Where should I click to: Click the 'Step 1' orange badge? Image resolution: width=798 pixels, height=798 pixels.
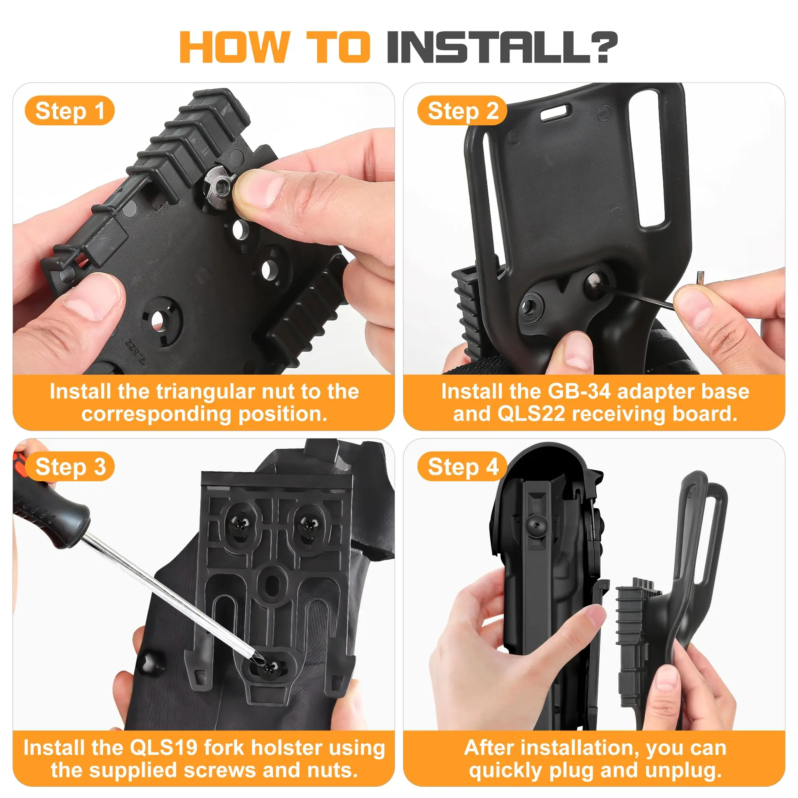69,111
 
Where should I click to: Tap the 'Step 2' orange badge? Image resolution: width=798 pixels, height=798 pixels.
462,111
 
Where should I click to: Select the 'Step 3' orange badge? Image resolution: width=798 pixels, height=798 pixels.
69,466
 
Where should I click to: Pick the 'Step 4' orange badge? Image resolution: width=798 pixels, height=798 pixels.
462,466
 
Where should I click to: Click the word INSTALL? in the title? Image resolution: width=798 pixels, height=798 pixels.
502,47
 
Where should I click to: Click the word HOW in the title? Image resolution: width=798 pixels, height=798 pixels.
234,47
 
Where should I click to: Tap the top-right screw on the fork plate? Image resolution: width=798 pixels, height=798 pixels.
308,525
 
